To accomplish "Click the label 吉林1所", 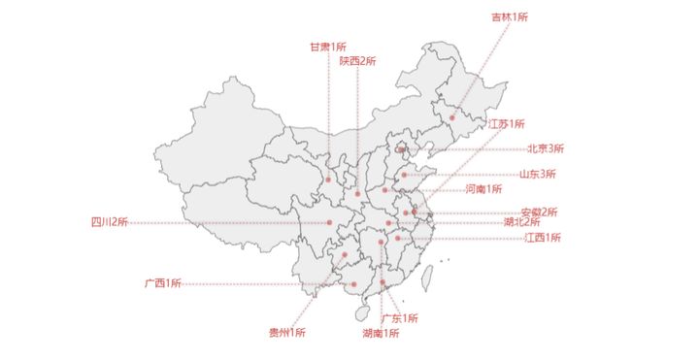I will point(509,16).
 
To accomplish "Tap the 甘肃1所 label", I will point(327,47).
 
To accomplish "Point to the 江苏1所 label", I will point(506,124).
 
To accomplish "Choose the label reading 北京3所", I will point(546,148).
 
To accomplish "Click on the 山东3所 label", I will point(537,175).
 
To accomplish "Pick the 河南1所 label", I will point(483,188).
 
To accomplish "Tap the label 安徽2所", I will point(539,212).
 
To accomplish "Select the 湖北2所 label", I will point(522,222).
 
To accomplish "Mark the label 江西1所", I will point(543,238).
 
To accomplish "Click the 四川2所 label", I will point(110,222).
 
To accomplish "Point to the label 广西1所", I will point(163,283).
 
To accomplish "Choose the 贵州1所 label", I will point(287,333).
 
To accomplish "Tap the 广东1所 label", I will point(399,318).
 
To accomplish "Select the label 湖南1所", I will point(381,334).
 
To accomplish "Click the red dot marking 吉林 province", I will point(451,118).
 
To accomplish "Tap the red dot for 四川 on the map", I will point(330,223).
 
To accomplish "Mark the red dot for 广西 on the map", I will point(354,284).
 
